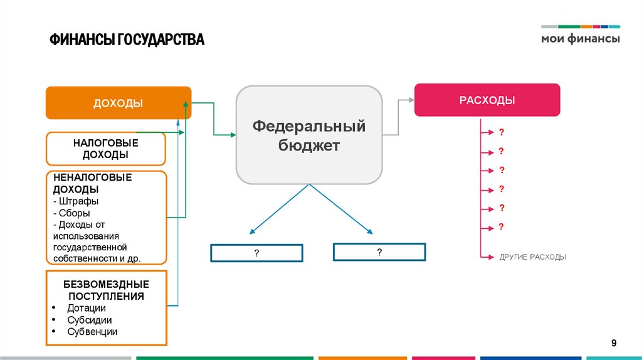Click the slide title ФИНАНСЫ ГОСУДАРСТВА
point(127,41)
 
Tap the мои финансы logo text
point(580,39)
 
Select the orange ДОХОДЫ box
point(118,103)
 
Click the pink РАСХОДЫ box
point(487,100)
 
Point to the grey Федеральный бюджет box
point(308,136)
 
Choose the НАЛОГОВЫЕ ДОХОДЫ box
point(105,149)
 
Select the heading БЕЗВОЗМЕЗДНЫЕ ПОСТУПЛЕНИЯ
point(106,290)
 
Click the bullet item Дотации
point(87,308)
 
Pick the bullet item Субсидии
point(90,320)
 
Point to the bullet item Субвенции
point(92,332)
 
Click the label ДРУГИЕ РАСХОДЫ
point(532,257)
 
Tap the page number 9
point(614,342)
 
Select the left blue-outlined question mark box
point(256,253)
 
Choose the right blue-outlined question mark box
point(379,252)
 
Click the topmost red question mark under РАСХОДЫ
point(502,132)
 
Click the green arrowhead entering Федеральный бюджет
point(232,134)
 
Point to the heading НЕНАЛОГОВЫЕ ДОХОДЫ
point(92,183)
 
